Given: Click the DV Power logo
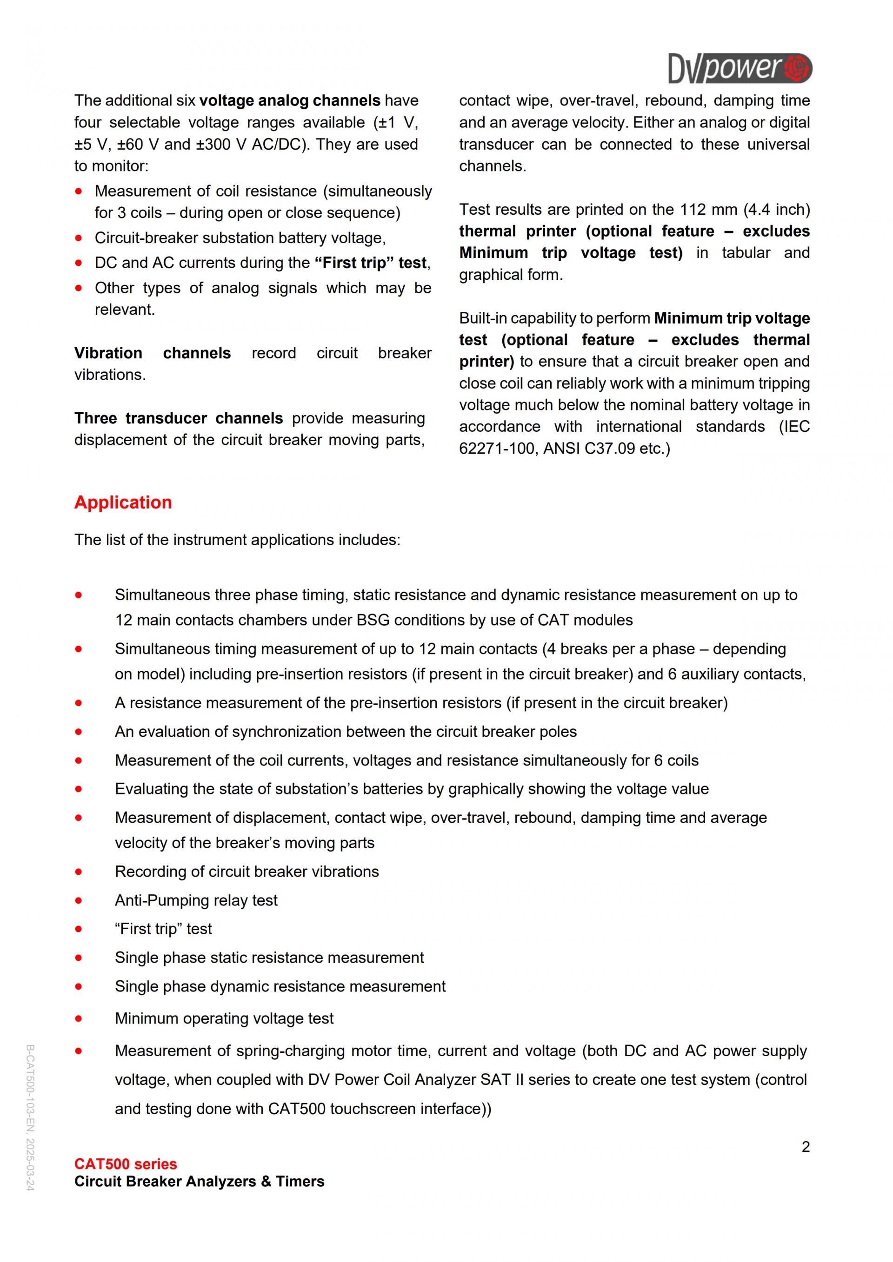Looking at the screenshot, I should click(x=739, y=68).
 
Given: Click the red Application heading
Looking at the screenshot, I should click(x=123, y=502).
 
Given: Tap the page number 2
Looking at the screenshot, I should click(x=806, y=1147).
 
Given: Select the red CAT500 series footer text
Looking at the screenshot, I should click(x=126, y=1163).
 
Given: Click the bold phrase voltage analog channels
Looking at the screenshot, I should click(x=289, y=100).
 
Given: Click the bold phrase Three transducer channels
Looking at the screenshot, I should click(x=178, y=418).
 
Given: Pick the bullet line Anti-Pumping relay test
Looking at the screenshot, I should click(x=196, y=900).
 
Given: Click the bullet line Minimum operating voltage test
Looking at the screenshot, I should click(x=224, y=1018).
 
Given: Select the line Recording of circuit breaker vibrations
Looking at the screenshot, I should click(x=247, y=872).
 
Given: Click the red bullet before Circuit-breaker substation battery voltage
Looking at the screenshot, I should click(x=79, y=238).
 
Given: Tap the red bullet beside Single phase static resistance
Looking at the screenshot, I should click(x=79, y=958).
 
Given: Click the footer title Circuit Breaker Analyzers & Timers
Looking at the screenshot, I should click(x=199, y=1181).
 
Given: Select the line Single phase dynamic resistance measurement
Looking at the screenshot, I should click(x=280, y=987).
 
